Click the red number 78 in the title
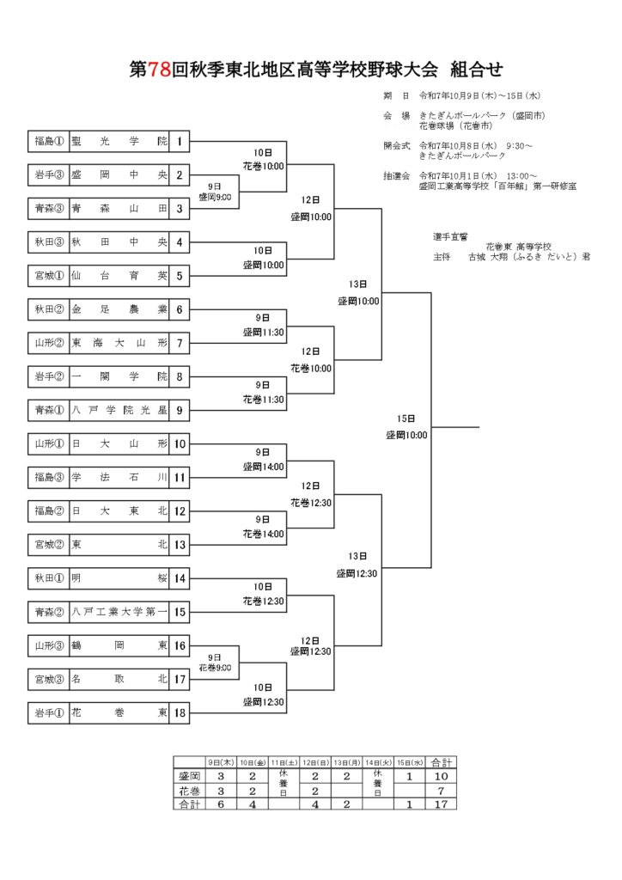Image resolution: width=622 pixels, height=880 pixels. click(160, 70)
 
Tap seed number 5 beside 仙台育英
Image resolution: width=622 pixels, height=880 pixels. click(180, 276)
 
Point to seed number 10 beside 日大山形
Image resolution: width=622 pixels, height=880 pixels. click(180, 444)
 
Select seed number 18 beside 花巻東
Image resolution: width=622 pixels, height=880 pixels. click(180, 712)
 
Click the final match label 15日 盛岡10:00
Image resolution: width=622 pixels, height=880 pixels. click(406, 427)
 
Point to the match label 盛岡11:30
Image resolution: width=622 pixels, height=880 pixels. click(263, 332)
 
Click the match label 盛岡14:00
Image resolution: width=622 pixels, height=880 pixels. click(263, 467)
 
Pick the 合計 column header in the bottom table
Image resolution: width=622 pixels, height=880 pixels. click(442, 762)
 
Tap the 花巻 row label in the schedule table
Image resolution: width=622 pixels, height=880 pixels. click(189, 790)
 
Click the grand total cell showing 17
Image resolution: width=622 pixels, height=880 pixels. click(442, 804)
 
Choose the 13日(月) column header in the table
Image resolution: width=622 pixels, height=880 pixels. click(347, 762)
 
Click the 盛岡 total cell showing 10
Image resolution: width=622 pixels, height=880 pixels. click(442, 776)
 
